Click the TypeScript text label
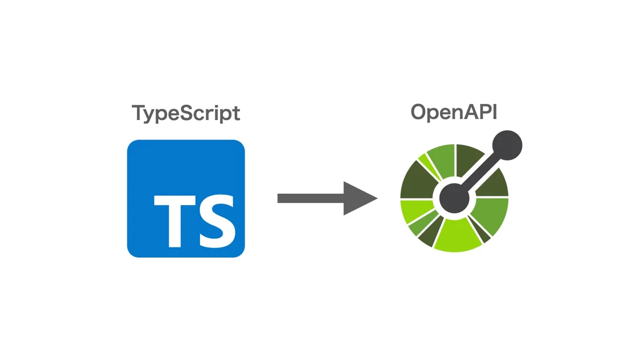tap(186, 113)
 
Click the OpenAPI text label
tap(454, 112)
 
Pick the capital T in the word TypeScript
tap(138, 113)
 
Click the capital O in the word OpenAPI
tap(419, 112)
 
